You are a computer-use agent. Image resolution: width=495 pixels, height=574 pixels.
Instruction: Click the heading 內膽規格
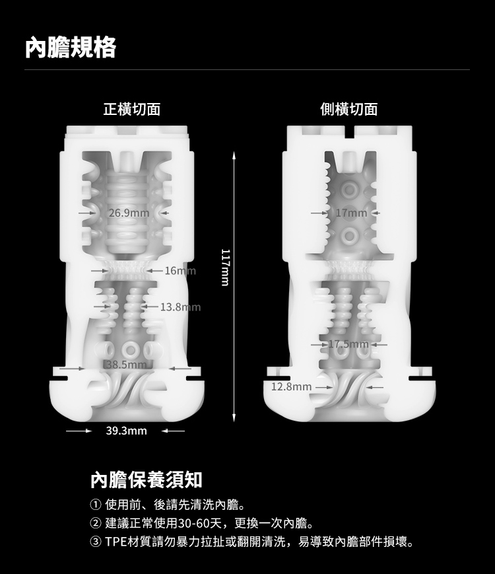click(71, 47)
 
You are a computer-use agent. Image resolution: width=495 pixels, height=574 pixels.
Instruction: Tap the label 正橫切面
click(132, 109)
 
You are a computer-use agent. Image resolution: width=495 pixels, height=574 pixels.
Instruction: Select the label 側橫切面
click(348, 109)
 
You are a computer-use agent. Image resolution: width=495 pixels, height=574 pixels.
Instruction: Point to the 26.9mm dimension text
click(129, 213)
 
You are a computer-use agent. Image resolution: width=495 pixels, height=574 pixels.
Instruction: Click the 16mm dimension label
click(180, 271)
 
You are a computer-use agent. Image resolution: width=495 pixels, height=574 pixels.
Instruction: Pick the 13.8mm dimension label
click(180, 306)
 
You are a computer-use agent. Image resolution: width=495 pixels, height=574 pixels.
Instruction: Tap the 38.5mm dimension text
click(126, 365)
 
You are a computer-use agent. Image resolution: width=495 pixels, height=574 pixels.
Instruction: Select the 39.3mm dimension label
click(126, 431)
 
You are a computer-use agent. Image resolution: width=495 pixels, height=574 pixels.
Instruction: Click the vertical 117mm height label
click(225, 268)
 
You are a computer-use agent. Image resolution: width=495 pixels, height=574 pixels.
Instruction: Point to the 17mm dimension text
click(351, 213)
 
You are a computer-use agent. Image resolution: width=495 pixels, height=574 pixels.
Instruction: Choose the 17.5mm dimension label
click(348, 344)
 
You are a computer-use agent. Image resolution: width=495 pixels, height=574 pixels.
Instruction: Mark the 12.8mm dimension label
click(291, 386)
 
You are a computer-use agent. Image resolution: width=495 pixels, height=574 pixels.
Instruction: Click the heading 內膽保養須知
click(147, 480)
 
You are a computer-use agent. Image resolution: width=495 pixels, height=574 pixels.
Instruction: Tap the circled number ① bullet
click(95, 505)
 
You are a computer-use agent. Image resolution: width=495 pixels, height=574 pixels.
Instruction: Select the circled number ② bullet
click(95, 523)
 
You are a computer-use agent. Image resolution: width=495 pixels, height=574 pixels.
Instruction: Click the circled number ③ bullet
click(95, 542)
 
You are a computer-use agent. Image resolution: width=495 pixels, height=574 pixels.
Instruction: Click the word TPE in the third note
click(116, 542)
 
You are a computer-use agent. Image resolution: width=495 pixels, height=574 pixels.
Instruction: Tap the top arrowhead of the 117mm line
click(234, 155)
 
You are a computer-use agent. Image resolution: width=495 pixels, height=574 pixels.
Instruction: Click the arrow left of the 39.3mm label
click(79, 431)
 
